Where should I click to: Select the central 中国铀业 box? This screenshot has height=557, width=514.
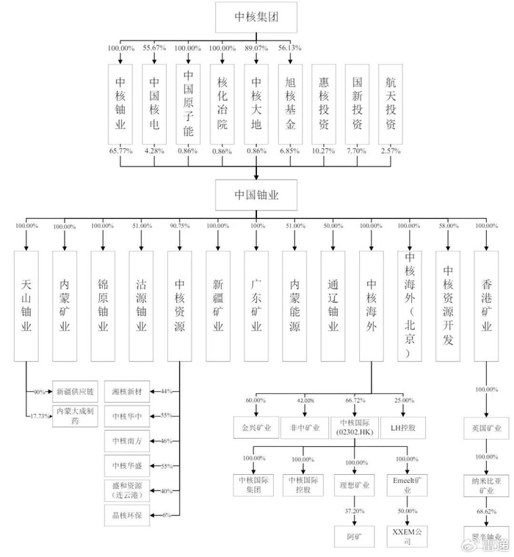pos(256,194)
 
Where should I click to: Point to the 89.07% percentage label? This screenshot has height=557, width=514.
pos(256,48)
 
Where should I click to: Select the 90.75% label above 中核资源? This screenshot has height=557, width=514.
pos(179,226)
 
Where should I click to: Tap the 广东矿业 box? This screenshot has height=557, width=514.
pos(256,305)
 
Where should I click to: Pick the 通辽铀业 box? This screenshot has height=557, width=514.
pos(333,305)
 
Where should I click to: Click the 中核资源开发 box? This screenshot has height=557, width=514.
pos(448,305)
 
